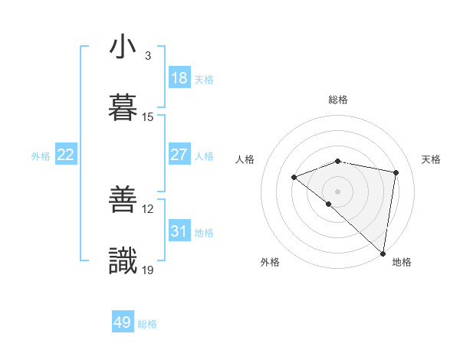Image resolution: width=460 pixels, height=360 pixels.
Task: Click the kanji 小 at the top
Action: [x=123, y=47]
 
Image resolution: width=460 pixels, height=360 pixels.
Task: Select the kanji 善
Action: [x=123, y=200]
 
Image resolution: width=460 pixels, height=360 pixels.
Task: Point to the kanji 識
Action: [x=123, y=260]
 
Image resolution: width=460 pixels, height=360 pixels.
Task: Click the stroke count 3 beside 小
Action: [x=148, y=56]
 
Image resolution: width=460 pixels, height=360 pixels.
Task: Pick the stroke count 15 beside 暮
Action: [x=148, y=117]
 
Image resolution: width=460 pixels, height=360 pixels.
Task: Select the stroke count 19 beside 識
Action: [x=148, y=270]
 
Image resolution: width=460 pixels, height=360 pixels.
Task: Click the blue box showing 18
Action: [x=179, y=78]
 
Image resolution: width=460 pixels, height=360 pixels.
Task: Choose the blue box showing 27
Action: [x=179, y=155]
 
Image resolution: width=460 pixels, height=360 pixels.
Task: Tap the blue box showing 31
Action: [x=179, y=231]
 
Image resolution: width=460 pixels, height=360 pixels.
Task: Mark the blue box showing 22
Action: [x=66, y=155]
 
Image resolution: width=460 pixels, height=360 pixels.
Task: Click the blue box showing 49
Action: [x=123, y=322]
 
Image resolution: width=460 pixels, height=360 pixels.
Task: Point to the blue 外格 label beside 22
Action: [x=41, y=156]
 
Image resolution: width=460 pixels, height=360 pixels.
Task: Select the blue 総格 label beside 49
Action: [x=147, y=324]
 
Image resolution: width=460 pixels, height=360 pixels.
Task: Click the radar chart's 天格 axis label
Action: [x=432, y=159]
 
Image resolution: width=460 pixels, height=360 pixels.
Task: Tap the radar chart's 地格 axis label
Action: [x=402, y=262]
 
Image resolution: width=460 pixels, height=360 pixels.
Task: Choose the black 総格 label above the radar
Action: [x=338, y=100]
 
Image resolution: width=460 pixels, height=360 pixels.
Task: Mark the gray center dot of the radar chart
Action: [x=337, y=191]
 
